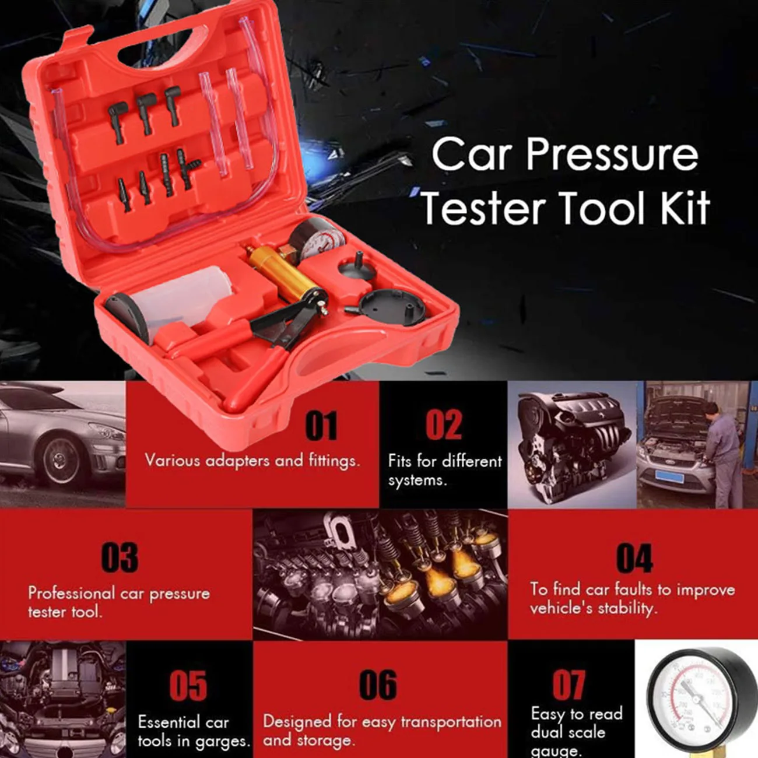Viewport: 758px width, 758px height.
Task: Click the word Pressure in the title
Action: (612, 155)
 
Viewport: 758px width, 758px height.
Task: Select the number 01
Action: (321, 426)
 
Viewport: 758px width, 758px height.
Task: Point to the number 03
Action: (120, 557)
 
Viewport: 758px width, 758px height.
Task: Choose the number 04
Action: (634, 558)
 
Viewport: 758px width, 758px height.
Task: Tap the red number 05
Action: (188, 686)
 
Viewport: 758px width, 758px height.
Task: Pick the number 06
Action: (378, 685)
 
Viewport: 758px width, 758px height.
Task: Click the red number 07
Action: (568, 685)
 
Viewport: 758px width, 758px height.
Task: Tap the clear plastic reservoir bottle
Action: (175, 303)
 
